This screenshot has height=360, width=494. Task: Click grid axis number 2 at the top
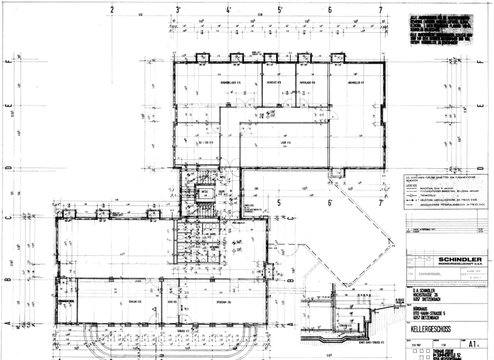pyautogui.click(x=112, y=10)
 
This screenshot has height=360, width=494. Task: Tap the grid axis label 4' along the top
pyautogui.click(x=229, y=10)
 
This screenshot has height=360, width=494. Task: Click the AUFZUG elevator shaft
pyautogui.click(x=204, y=192)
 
